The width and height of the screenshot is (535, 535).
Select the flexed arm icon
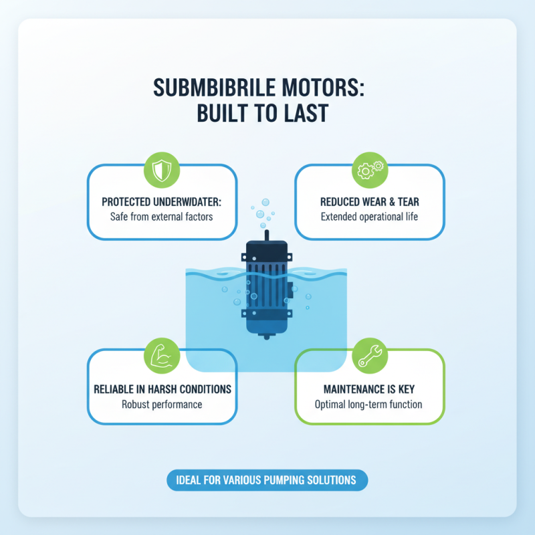tap(163, 354)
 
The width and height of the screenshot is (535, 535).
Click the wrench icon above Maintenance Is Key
tap(370, 354)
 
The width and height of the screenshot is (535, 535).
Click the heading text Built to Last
tap(262, 113)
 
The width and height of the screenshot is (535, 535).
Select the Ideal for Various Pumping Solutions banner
tap(267, 481)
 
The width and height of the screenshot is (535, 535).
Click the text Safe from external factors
tap(163, 217)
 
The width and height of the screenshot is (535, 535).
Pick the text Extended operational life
tap(369, 217)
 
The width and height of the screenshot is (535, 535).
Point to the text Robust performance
tap(162, 404)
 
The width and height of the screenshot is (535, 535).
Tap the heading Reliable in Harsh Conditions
tap(163, 389)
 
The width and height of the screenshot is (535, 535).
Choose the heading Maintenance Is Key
tap(369, 389)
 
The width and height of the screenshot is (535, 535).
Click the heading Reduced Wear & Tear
tap(369, 201)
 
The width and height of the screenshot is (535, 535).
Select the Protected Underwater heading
tap(163, 201)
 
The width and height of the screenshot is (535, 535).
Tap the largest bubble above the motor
tap(265, 203)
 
